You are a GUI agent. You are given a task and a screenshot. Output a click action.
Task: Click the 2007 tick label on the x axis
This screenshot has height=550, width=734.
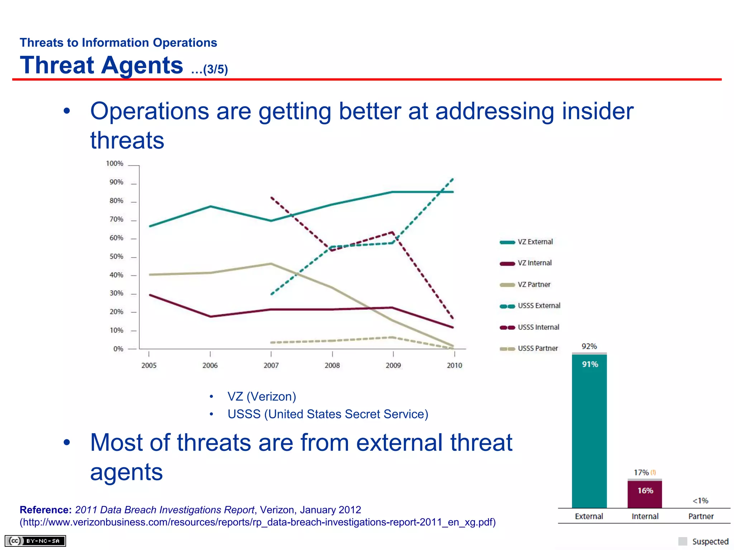pos(271,365)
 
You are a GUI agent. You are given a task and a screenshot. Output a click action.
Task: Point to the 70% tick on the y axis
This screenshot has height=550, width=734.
pos(116,219)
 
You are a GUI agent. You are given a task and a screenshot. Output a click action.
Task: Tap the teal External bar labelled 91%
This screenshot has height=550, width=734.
pos(589,430)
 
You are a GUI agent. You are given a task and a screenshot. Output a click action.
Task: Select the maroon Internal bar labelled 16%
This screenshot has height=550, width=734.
pos(644,494)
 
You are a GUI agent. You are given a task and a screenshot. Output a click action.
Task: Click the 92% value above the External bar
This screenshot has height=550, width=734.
pos(589,346)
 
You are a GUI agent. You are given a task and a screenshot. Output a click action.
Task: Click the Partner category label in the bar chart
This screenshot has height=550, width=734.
pos(701,516)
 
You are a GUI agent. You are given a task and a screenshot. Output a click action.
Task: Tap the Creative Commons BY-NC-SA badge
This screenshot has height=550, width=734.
pos(35,541)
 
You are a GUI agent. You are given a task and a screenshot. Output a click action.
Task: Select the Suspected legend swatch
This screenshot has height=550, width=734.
pos(682,541)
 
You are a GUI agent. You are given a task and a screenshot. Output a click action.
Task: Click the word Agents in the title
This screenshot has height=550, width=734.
pos(142,66)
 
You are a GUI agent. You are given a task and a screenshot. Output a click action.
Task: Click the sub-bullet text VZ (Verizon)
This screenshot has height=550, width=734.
pos(262,396)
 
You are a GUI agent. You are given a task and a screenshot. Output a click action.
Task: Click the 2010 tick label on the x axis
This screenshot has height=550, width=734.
pos(454,365)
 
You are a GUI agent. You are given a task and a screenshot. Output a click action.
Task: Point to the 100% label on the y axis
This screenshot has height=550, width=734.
pos(115,163)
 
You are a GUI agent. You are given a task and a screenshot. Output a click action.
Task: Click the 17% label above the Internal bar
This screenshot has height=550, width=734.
pos(641,472)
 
